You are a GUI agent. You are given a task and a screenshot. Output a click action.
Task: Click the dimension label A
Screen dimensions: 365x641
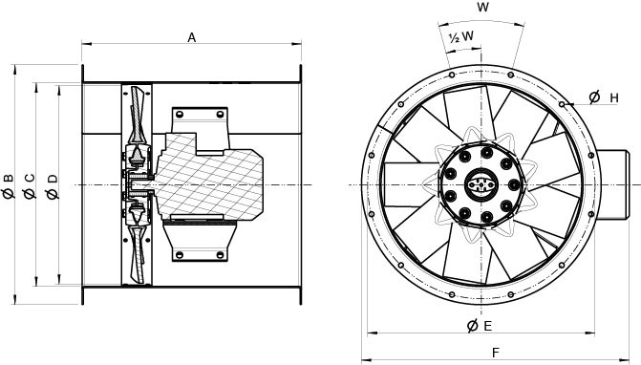click(x=191, y=37)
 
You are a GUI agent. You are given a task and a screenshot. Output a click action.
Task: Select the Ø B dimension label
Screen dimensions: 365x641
click(x=10, y=182)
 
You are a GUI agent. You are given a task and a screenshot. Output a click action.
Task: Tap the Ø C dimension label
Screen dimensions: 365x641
click(x=30, y=182)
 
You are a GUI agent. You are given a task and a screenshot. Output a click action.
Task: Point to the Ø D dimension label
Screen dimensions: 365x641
click(x=52, y=182)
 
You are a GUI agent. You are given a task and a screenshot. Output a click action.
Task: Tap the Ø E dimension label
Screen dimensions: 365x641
click(x=480, y=327)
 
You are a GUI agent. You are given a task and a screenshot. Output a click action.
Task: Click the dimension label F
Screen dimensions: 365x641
click(x=495, y=353)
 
